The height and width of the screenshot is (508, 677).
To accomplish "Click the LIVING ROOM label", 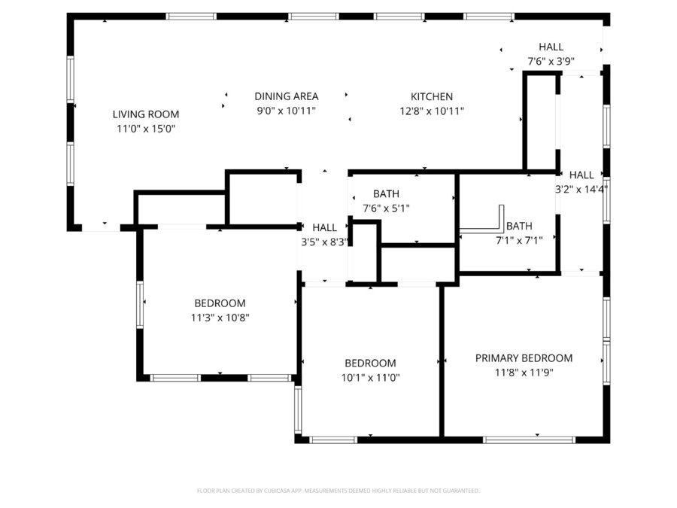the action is tap(146, 114).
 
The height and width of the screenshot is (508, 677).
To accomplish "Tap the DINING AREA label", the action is tap(286, 96).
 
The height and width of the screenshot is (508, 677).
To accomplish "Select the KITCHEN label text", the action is tap(432, 96).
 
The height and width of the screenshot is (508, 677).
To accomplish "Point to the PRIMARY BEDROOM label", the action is tap(524, 358).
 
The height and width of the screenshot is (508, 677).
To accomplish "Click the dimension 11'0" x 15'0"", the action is tap(146, 129).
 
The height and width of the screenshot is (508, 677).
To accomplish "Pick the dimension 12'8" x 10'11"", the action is tap(432, 111).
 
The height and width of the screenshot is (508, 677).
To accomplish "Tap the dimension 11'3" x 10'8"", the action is tap(220, 318).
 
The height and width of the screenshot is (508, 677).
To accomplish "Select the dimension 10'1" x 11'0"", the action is tap(371, 377).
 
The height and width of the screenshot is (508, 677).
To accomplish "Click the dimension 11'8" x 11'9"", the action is tap(524, 373).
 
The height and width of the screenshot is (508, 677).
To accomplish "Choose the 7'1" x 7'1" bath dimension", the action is tap(519, 240).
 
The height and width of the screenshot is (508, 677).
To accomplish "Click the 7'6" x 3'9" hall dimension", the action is tap(551, 62).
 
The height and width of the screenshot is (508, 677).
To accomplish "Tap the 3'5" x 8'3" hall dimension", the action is tap(325, 242).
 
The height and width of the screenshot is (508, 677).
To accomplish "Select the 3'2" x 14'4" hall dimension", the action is tap(581, 190).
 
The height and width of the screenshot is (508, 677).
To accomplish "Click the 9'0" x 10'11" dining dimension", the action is tap(286, 111).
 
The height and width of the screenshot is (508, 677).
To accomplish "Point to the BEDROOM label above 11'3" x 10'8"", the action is tap(220, 303).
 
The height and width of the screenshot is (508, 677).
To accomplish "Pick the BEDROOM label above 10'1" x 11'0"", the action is tap(371, 363).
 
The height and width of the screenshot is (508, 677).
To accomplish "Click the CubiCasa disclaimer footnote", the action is tap(338, 491).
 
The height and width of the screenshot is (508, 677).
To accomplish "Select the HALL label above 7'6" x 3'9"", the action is tap(551, 47).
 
